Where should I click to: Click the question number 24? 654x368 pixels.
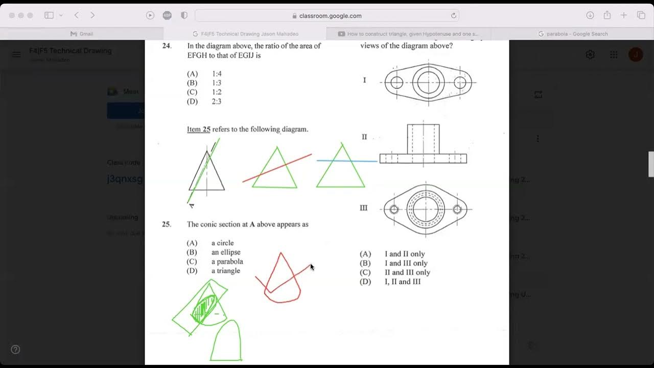point(167,46)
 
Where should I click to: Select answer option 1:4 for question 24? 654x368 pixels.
point(217,74)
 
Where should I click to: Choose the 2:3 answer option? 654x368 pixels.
point(217,102)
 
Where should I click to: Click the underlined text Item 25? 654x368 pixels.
point(198,129)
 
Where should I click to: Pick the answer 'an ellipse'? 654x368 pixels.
point(226,252)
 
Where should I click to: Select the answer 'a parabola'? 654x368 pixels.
point(227,262)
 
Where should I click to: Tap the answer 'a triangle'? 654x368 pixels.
point(225,271)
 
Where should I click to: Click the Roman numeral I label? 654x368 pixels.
point(364,80)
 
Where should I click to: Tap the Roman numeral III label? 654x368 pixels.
point(364,208)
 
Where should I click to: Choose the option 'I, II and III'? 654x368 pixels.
point(403,282)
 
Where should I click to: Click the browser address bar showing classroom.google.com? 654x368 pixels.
point(327,16)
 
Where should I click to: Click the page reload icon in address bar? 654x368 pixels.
point(453,16)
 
